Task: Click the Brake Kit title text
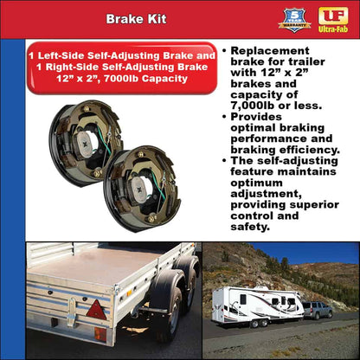136,17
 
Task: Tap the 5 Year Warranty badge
294,19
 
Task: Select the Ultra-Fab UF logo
333,19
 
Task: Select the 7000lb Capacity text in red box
148,78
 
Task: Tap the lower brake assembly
142,187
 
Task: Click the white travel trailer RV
256,305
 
